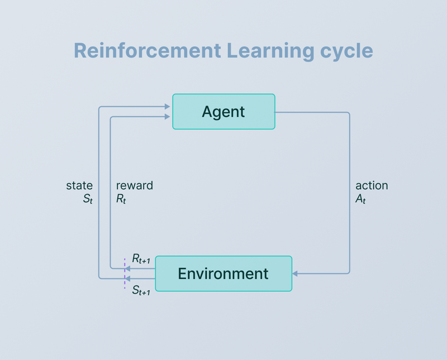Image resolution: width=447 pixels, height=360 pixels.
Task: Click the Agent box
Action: (x=223, y=112)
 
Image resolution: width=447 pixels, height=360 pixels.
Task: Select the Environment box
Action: (x=223, y=273)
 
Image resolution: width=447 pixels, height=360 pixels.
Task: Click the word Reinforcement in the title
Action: (x=147, y=51)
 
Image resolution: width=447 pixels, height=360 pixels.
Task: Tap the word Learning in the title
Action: (x=270, y=51)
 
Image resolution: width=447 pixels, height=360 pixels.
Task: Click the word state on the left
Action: (x=79, y=185)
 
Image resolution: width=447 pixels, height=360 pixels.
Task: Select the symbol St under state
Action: (x=87, y=199)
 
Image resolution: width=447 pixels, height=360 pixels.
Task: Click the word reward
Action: (x=134, y=185)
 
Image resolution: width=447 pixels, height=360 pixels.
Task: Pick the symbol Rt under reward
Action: (x=121, y=199)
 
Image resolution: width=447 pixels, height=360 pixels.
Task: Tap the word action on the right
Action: (x=372, y=185)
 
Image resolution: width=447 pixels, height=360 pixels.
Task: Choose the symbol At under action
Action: (x=360, y=199)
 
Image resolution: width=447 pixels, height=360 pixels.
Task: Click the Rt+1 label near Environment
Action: (x=141, y=258)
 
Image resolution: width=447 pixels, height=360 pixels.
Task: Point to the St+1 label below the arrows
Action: (x=141, y=290)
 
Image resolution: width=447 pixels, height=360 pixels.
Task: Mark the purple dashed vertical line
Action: (x=125, y=273)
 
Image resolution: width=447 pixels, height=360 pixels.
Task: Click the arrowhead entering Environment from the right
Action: (x=296, y=273)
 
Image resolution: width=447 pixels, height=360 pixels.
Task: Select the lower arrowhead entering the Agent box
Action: (x=168, y=117)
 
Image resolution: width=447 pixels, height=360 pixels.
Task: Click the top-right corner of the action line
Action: (x=349, y=113)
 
